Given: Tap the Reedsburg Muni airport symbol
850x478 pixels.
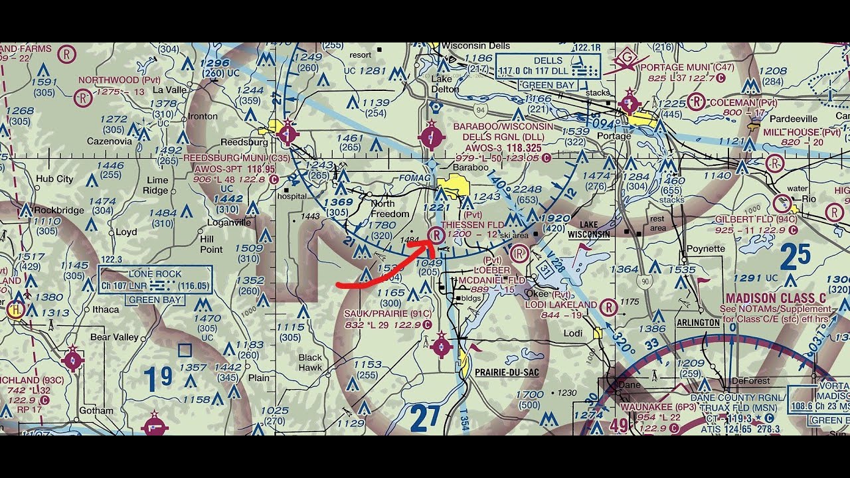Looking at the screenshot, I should tap(288, 133).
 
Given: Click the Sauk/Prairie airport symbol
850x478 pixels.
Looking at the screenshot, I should tap(442, 346).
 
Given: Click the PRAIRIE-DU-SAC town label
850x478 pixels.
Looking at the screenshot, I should tap(507, 372).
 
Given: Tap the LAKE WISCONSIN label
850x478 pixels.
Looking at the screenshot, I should tap(588, 230).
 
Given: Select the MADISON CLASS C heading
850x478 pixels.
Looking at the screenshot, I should tap(778, 298).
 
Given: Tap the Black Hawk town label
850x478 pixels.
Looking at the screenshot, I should tap(310, 362).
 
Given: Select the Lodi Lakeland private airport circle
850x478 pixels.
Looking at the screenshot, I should tap(608, 307).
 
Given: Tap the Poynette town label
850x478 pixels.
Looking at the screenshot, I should tap(706, 249).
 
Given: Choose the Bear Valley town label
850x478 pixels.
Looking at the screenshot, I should tap(115, 337).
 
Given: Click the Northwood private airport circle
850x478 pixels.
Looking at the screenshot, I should tap(82, 99).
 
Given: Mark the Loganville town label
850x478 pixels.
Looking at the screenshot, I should tap(230, 223).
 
